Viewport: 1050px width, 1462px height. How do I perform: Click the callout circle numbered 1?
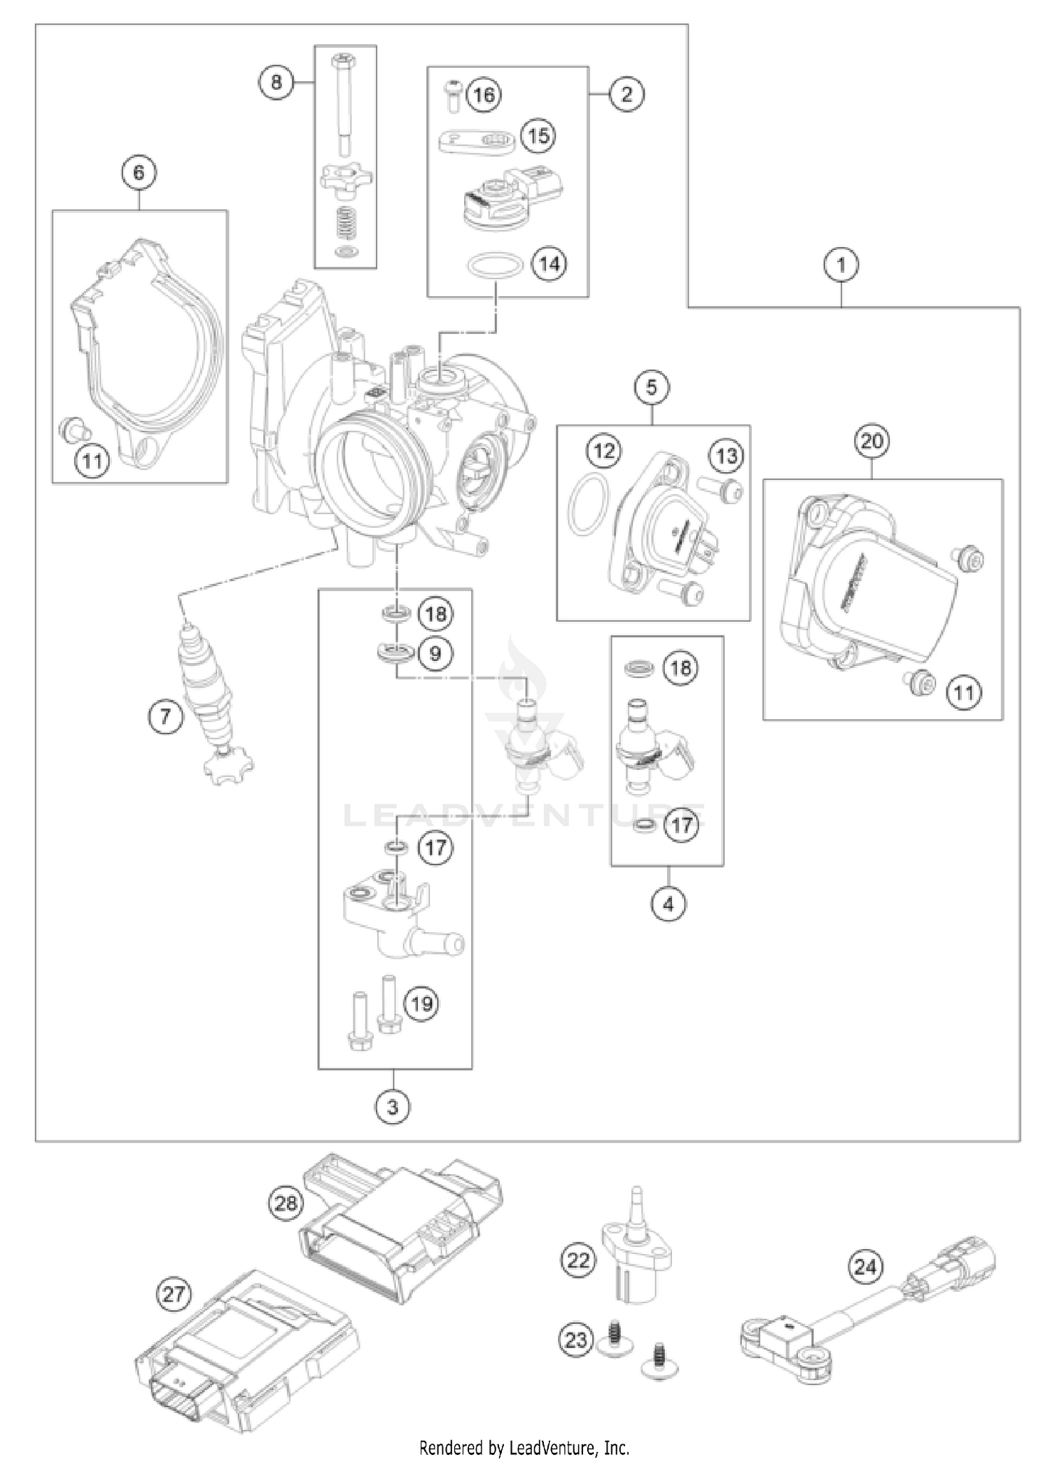841,265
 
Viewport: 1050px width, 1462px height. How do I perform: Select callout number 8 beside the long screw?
276,83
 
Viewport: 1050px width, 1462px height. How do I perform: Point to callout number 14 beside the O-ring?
550,264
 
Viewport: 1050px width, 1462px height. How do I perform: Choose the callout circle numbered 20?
872,441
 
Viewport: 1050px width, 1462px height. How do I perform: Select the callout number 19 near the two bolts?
421,1003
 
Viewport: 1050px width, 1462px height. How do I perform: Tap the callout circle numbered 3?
392,1107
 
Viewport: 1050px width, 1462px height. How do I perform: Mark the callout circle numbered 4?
668,905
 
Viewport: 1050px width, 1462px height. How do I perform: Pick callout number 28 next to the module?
286,1203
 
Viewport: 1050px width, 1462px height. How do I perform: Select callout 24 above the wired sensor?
866,1266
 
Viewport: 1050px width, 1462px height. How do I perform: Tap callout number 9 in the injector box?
435,653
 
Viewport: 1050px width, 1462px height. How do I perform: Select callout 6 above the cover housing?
139,172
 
